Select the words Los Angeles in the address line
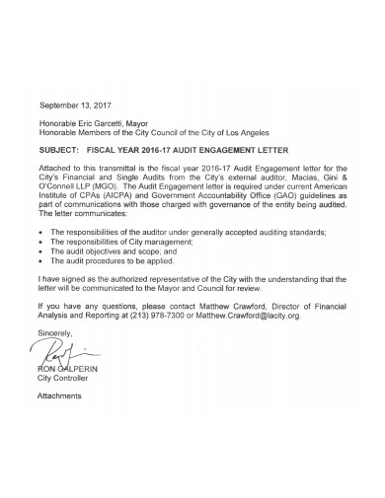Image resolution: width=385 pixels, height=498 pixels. (243, 132)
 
